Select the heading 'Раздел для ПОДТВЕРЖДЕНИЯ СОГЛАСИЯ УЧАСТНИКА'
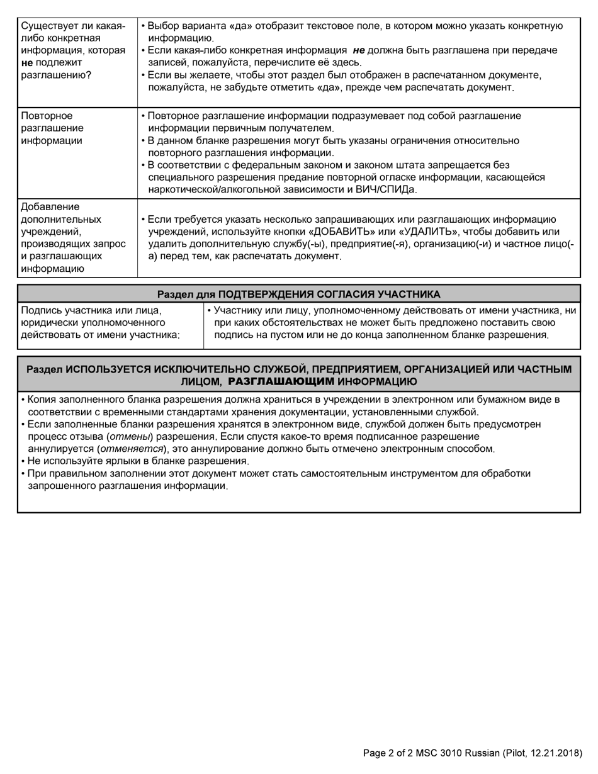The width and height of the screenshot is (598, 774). [298, 294]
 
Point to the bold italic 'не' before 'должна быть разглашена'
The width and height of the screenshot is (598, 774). [359, 50]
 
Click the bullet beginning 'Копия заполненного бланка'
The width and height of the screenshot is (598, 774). [290, 405]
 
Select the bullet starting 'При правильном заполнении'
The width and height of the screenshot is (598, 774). [277, 479]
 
